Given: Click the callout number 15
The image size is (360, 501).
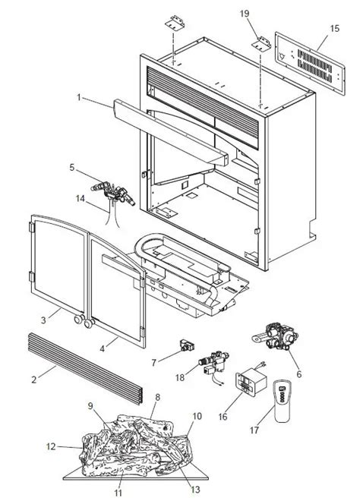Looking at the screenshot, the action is pos(334,28).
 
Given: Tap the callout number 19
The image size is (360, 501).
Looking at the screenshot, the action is pos(245,14).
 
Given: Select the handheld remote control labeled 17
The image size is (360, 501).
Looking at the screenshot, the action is pos(282,402).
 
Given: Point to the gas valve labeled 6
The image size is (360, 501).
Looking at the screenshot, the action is pos(277,337).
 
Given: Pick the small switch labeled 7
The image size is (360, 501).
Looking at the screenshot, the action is pos(187,345).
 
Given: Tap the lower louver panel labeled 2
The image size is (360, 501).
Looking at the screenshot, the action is pos(85,368).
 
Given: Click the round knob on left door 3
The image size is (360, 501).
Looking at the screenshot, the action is pos(78,319).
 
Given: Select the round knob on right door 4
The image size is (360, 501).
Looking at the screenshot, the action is pos(89,323).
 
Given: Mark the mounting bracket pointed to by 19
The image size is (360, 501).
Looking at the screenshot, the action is pos(263,43).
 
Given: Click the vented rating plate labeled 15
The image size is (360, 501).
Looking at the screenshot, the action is pos(310,63).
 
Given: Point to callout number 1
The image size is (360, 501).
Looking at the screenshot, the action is pos(79,97).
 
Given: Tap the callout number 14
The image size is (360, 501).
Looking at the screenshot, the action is pos(81,198).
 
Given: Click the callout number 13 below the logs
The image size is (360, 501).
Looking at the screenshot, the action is pos(195,489).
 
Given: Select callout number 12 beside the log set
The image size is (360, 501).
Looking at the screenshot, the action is pos(51,446).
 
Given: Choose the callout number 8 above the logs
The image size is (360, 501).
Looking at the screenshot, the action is pos(157,397).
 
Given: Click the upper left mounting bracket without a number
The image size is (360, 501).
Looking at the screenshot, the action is pos(175,22).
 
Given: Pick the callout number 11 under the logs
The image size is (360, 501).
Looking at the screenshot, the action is pos(118,493).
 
